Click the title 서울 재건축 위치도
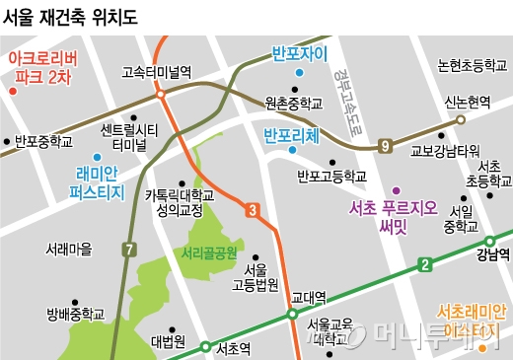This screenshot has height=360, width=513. (x=71, y=17)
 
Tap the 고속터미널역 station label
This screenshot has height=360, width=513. (x=156, y=71)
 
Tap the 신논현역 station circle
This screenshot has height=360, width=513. (x=459, y=119)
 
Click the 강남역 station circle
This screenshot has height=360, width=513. (x=488, y=241)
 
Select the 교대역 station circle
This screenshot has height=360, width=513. (x=293, y=315)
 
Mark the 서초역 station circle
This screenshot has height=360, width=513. (x=206, y=347)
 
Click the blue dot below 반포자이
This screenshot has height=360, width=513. (x=299, y=73)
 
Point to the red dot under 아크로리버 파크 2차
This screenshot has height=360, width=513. (x=13, y=92)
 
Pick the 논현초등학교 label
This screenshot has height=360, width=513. (x=473, y=64)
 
